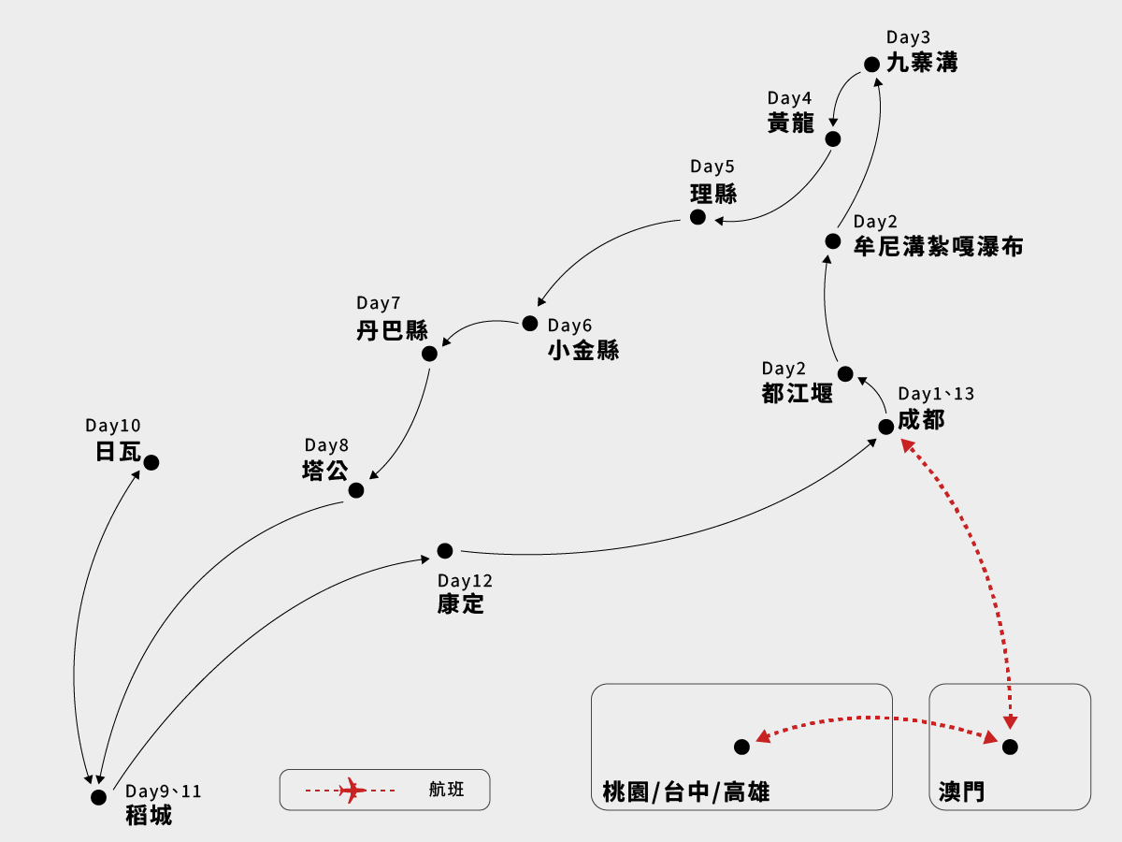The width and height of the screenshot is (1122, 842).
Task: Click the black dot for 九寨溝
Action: (x=871, y=65)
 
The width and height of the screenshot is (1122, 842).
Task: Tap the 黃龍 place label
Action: (x=791, y=123)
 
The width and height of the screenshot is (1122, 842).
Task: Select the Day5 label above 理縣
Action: (x=712, y=167)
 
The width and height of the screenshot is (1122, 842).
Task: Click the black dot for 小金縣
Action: (x=530, y=324)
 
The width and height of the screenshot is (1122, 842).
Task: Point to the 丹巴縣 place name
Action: (x=392, y=330)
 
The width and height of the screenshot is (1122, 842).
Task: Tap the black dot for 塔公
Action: (x=356, y=490)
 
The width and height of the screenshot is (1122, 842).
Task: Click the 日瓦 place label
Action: (x=118, y=453)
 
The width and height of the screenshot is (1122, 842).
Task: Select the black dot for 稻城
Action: (x=98, y=797)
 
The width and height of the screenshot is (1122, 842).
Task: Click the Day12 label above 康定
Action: (x=465, y=581)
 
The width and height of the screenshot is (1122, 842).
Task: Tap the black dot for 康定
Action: (x=445, y=551)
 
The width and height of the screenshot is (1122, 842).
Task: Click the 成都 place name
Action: (x=921, y=420)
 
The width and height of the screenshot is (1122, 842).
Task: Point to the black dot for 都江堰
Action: (x=845, y=374)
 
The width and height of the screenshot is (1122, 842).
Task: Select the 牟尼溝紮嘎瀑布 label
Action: (x=938, y=247)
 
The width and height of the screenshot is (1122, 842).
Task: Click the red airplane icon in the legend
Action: (x=352, y=791)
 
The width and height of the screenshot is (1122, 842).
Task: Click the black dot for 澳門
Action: (x=1010, y=747)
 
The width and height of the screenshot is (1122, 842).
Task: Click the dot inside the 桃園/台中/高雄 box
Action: (x=741, y=747)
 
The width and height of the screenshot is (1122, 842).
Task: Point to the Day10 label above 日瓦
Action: (x=113, y=426)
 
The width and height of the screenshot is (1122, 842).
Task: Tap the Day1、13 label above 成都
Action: (x=936, y=394)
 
